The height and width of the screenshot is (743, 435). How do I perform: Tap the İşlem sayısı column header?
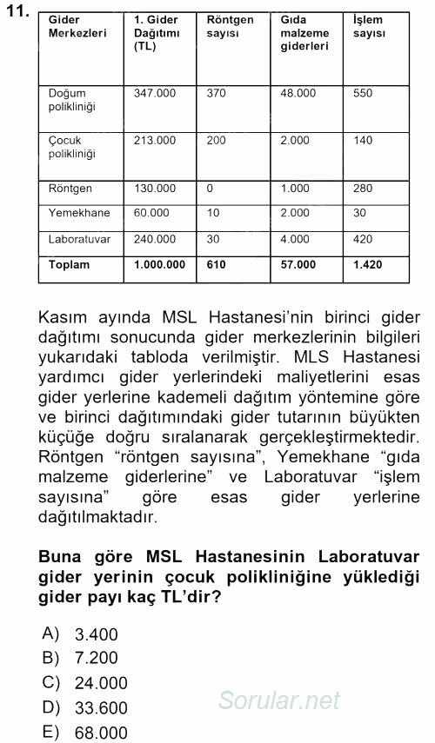point(366,25)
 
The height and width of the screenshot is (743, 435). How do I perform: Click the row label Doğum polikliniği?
point(73,100)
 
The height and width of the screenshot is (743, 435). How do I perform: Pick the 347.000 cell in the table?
point(155,93)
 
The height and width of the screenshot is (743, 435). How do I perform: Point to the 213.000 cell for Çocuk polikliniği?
point(155,140)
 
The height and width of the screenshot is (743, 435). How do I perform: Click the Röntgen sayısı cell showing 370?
point(216,93)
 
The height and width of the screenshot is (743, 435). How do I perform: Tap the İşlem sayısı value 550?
point(363,93)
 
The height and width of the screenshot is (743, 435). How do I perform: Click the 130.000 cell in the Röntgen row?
point(155,189)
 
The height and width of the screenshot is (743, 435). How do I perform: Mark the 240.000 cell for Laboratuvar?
point(155,239)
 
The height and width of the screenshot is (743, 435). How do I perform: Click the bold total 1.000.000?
point(160,265)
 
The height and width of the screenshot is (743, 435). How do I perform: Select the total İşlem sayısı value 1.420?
point(367,265)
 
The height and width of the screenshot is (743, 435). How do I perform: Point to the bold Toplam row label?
point(69,265)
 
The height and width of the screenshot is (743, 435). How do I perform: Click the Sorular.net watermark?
point(278,700)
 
